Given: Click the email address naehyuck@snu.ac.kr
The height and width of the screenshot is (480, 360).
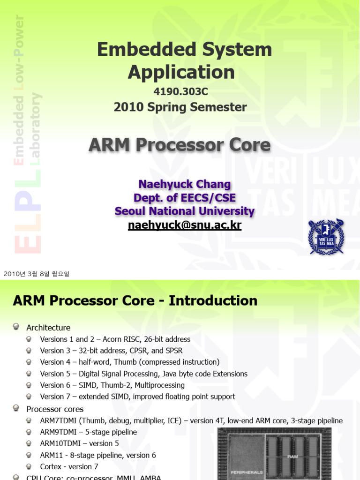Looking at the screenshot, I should (185, 225).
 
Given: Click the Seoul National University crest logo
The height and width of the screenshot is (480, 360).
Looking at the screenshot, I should (325, 237).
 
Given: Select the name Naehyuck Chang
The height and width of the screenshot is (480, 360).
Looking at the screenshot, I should (184, 184).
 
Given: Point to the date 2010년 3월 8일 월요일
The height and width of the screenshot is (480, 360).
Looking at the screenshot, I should (36, 274).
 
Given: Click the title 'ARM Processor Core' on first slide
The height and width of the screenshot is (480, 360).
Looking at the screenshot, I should (180, 145).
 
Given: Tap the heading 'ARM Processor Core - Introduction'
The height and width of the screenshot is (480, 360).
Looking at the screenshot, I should (135, 300).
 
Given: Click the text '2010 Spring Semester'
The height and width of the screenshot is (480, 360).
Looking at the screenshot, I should (180, 107).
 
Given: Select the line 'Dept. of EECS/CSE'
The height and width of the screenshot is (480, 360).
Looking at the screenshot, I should (184, 198).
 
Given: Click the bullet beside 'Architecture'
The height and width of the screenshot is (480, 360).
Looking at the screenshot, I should (16, 327).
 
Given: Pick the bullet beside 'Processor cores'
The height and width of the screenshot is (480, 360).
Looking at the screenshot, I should (16, 408).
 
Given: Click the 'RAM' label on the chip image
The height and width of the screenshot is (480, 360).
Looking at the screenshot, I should (292, 456).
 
